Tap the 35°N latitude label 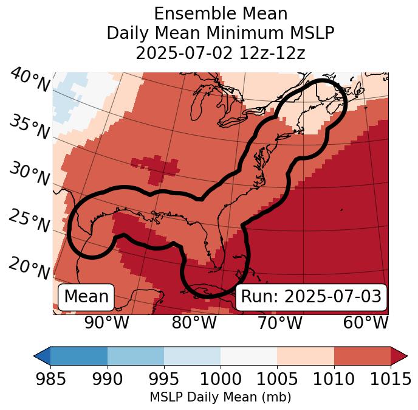29,127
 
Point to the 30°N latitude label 29,174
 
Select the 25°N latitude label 29,221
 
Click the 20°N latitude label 29,267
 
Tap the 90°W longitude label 106,322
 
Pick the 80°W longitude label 194,322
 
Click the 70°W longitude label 280,322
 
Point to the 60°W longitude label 366,322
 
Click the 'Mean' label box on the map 86,297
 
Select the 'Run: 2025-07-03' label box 311,297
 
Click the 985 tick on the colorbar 50,380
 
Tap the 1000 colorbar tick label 221,380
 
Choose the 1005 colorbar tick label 277,380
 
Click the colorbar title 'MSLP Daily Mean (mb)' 220,397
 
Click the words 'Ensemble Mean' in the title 221,13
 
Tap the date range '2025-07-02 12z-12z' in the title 221,53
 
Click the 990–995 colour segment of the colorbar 135,355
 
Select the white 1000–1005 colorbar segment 248,355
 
